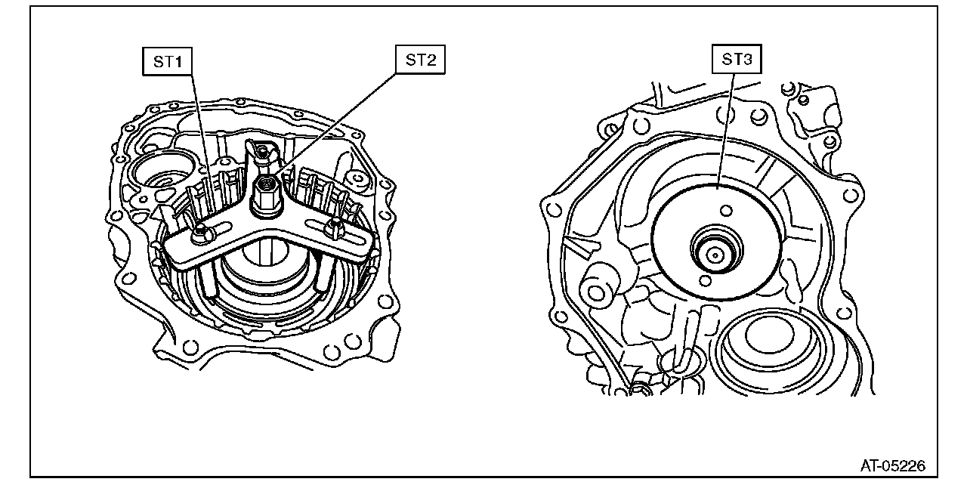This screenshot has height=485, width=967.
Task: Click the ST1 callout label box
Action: click(168, 62)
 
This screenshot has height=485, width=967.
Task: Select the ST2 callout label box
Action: click(421, 60)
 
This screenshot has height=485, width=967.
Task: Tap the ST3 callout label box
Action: click(737, 59)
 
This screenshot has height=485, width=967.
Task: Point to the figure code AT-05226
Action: click(893, 466)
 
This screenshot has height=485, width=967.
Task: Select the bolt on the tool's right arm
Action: click(335, 227)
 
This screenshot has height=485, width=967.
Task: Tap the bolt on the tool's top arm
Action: click(262, 153)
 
